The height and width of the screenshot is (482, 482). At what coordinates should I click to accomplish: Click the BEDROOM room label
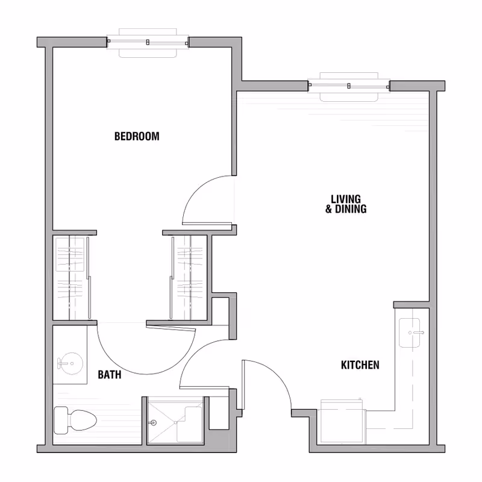click(137, 136)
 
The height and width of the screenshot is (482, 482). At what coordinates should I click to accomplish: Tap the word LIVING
click(346, 199)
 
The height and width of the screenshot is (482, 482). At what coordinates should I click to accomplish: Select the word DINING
click(351, 209)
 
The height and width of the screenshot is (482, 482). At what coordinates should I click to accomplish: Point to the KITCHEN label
click(360, 365)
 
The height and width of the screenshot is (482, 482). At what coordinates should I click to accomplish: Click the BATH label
click(110, 375)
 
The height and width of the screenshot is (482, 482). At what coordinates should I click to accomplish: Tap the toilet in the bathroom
click(75, 420)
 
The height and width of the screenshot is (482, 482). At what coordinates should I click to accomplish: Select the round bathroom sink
click(70, 363)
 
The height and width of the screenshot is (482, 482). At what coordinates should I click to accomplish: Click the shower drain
click(154, 423)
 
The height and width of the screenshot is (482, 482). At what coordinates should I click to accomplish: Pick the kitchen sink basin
click(410, 333)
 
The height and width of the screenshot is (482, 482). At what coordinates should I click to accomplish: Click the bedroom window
click(148, 42)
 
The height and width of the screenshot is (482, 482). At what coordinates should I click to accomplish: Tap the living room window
click(349, 86)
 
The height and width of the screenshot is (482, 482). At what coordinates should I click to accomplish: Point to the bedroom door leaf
click(207, 224)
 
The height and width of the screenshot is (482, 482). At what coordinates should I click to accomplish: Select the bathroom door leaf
click(171, 328)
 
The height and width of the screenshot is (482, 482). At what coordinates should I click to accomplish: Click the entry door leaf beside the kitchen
click(243, 384)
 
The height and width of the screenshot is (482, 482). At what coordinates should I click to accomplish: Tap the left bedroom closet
click(72, 277)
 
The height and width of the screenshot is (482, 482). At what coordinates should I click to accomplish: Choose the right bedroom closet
click(189, 277)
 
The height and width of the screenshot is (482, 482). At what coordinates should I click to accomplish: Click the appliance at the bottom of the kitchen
click(343, 421)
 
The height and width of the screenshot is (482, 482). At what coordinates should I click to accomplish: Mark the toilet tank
click(61, 420)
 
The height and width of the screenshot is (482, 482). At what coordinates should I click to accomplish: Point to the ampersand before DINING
click(328, 209)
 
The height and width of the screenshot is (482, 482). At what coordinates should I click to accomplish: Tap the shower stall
click(175, 420)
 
